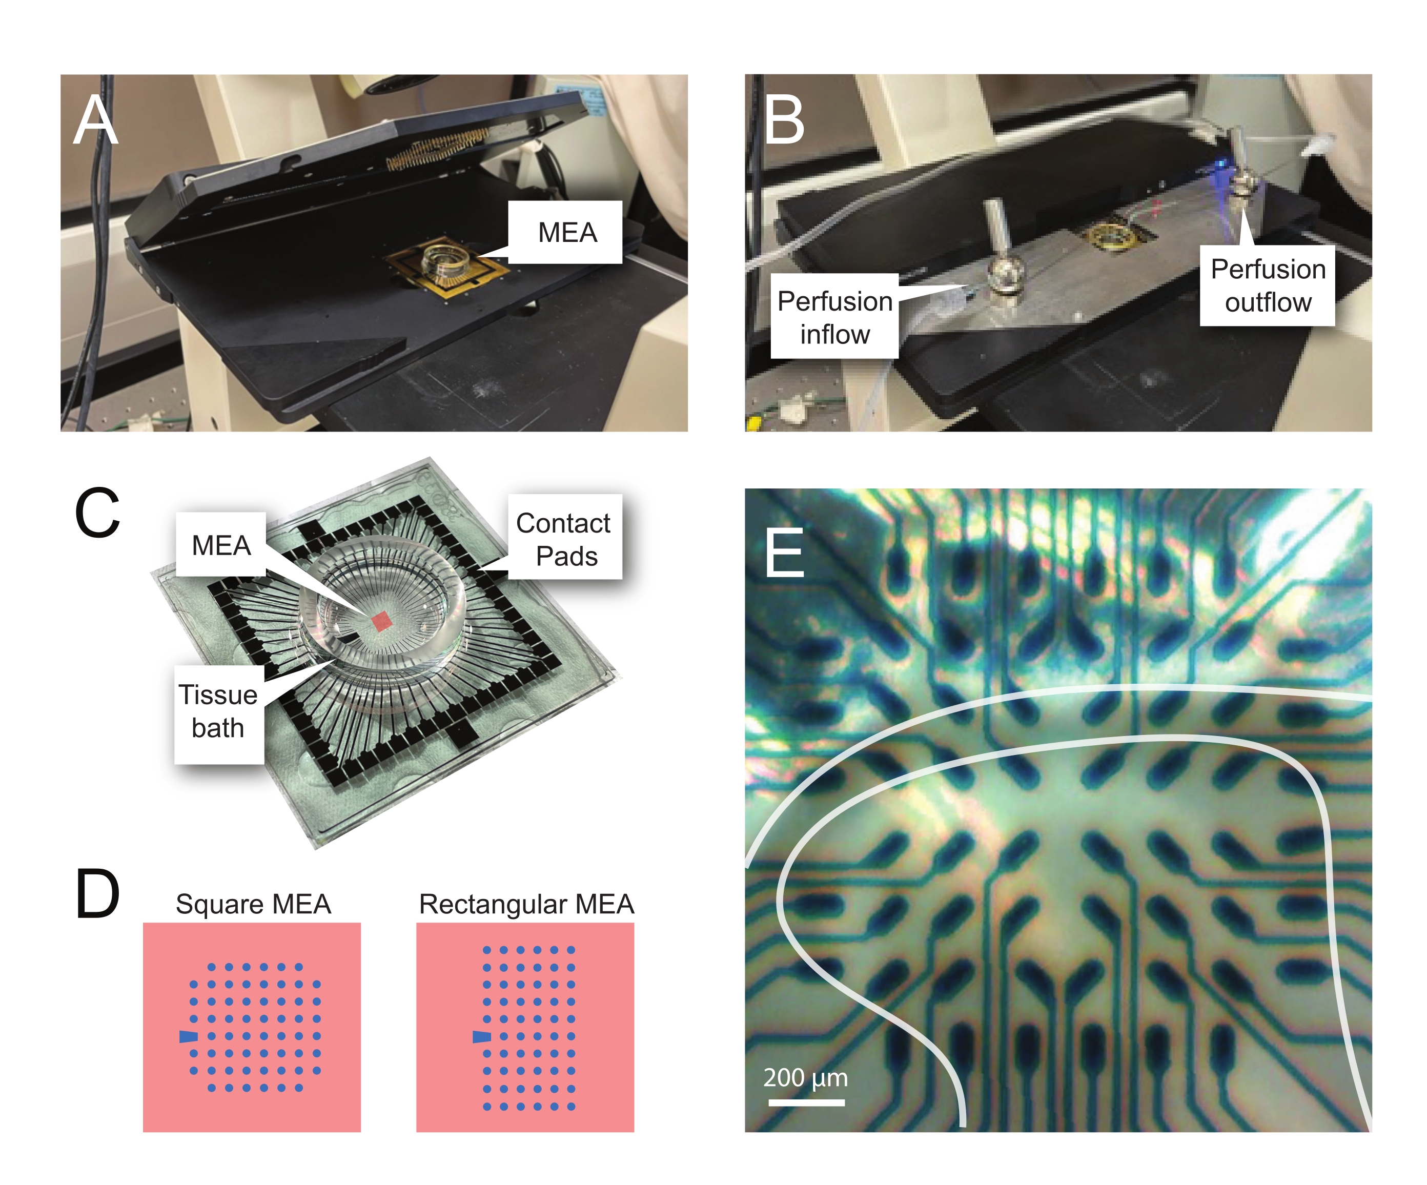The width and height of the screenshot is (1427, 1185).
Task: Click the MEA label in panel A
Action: (x=567, y=232)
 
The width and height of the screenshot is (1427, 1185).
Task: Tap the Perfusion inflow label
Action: (x=834, y=317)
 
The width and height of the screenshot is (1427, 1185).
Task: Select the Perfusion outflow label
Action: (x=1267, y=285)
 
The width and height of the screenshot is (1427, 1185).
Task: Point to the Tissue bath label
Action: (x=218, y=711)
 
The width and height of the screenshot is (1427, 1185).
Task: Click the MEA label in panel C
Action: (x=221, y=545)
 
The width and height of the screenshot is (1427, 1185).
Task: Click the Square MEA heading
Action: (x=253, y=904)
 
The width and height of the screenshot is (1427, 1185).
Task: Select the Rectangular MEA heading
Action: (x=526, y=904)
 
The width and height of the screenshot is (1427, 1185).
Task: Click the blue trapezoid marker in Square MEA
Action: (x=188, y=1036)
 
